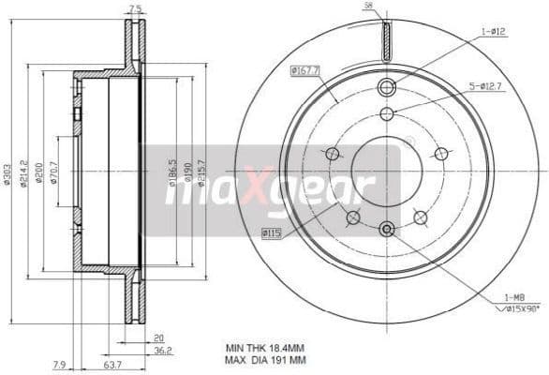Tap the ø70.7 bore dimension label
click(53, 173)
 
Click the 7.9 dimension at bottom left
click(58, 365)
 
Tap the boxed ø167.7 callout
click(305, 69)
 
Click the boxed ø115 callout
click(272, 231)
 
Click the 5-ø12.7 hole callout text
click(486, 87)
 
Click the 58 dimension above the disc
click(368, 6)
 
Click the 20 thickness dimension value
click(159, 338)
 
